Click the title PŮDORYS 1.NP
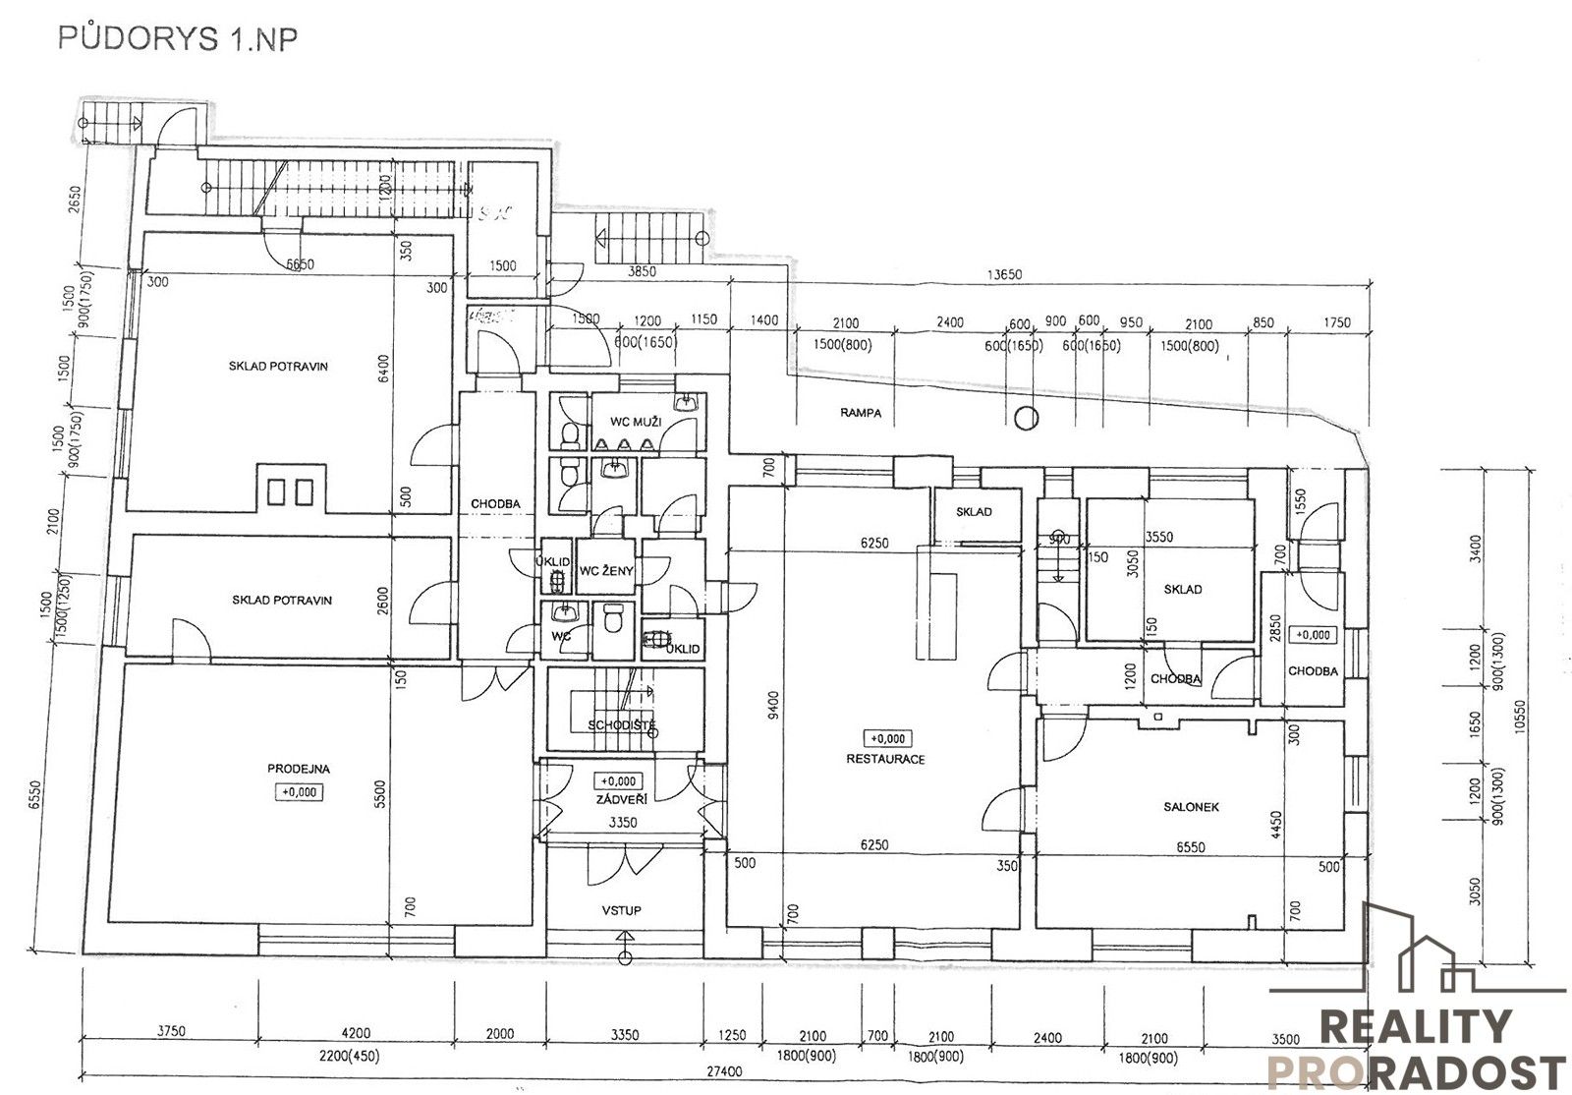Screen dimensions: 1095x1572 pyautogui.click(x=178, y=38)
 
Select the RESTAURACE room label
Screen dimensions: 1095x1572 pyautogui.click(x=885, y=759)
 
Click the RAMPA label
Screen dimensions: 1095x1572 pyautogui.click(x=861, y=413)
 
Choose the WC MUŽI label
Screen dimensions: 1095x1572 pyautogui.click(x=636, y=422)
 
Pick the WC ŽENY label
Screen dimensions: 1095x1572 pyautogui.click(x=606, y=571)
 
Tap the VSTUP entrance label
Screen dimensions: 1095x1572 pyautogui.click(x=621, y=910)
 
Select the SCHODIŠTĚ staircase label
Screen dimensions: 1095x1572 pyautogui.click(x=622, y=726)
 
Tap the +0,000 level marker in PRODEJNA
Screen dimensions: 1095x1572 pyautogui.click(x=299, y=791)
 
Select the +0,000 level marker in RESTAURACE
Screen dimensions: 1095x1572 pyautogui.click(x=885, y=738)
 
